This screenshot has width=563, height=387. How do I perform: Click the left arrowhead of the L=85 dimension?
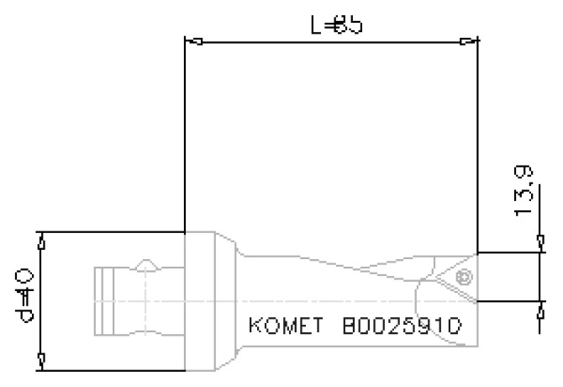[x=192, y=40]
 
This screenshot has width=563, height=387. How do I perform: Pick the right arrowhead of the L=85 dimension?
[x=467, y=40]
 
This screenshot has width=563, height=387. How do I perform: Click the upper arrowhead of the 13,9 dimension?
[x=539, y=245]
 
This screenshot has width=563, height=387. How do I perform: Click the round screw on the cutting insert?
[x=461, y=276]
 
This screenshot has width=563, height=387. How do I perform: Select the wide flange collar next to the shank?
[x=202, y=300]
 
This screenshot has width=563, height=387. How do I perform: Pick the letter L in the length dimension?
[x=314, y=24]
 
